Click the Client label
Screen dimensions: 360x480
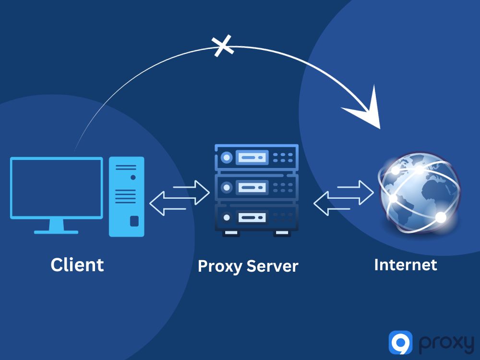point(77,264)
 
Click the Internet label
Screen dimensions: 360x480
point(406,264)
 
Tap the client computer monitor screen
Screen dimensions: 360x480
point(57,188)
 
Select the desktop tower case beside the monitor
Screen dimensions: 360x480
point(126,197)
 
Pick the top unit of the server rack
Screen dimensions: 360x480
point(256,157)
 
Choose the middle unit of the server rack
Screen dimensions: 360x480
point(256,187)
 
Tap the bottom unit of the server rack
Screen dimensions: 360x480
point(256,217)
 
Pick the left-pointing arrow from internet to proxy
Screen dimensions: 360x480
point(331,203)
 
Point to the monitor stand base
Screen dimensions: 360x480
point(56,231)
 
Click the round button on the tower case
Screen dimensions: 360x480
point(133,177)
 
